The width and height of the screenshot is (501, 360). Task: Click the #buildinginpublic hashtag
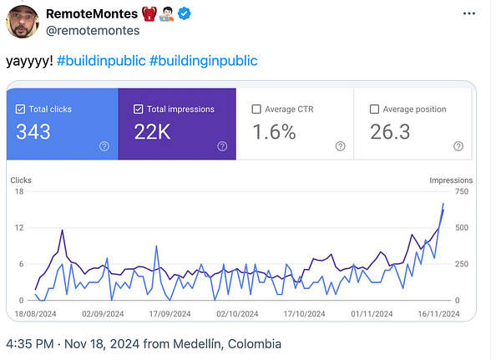coord(204,60)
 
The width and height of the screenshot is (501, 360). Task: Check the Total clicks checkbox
coord(20,109)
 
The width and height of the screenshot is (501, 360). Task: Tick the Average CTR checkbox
coord(256,109)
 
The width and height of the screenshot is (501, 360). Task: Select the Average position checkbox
coord(374,109)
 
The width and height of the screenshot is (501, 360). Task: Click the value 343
coord(33,132)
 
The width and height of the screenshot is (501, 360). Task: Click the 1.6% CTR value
coord(274,132)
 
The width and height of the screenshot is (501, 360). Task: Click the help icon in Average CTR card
coord(340,146)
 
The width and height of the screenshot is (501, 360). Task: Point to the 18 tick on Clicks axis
coord(19,192)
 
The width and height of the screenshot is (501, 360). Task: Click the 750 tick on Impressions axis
coord(461,192)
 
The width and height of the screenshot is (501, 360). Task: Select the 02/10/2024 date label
coord(235,315)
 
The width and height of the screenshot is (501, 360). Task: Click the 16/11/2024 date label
coord(438,315)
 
